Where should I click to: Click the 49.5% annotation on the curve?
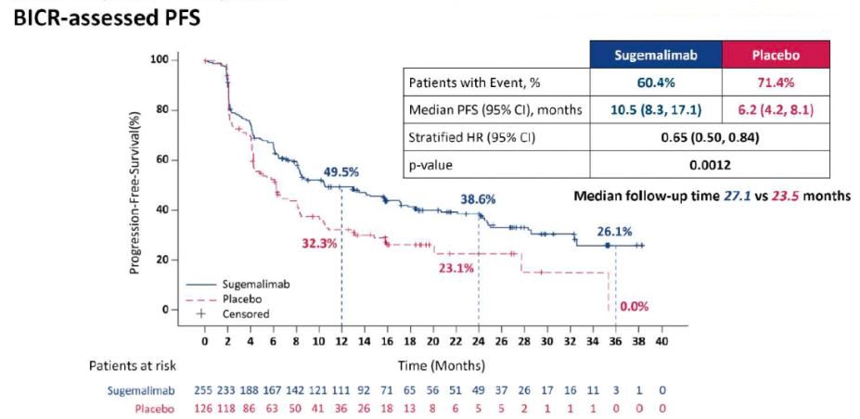340,172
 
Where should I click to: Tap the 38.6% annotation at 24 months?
479,199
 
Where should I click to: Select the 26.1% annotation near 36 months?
614,233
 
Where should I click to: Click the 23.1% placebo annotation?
456,268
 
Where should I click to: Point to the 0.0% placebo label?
634,306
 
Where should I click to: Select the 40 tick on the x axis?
661,342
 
